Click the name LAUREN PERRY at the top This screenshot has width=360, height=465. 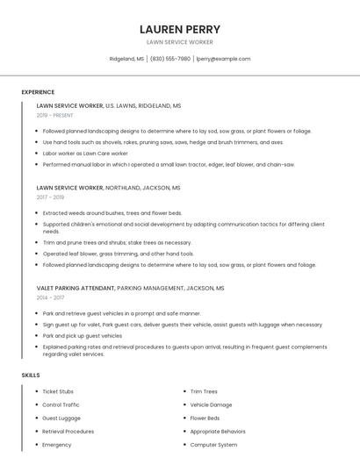coord(180,29)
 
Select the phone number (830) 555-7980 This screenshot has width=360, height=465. coord(170,59)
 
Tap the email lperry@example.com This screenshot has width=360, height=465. coord(223,59)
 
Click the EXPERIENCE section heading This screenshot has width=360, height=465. coord(38,92)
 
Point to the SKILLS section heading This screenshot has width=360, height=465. coord(31,375)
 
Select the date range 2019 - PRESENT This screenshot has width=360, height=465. coord(55,115)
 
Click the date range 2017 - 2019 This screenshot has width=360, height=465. coord(50,197)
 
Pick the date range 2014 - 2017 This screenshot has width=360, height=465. coord(50,297)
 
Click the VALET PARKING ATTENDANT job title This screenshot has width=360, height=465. coord(76,288)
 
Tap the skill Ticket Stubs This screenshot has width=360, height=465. coord(58,391)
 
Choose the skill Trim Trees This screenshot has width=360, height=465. coord(204,391)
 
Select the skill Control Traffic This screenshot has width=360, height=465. coord(61,404)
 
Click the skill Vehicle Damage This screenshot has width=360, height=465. coord(211,404)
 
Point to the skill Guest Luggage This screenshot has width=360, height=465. coord(61,418)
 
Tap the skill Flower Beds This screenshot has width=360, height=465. coord(205,418)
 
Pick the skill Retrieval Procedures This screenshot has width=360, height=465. coord(68,432)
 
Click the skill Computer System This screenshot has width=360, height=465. coord(213,445)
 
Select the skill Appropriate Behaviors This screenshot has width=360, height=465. coord(218,432)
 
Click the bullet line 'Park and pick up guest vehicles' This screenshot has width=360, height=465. coord(83,335)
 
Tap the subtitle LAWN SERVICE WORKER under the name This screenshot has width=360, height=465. coord(180,42)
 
